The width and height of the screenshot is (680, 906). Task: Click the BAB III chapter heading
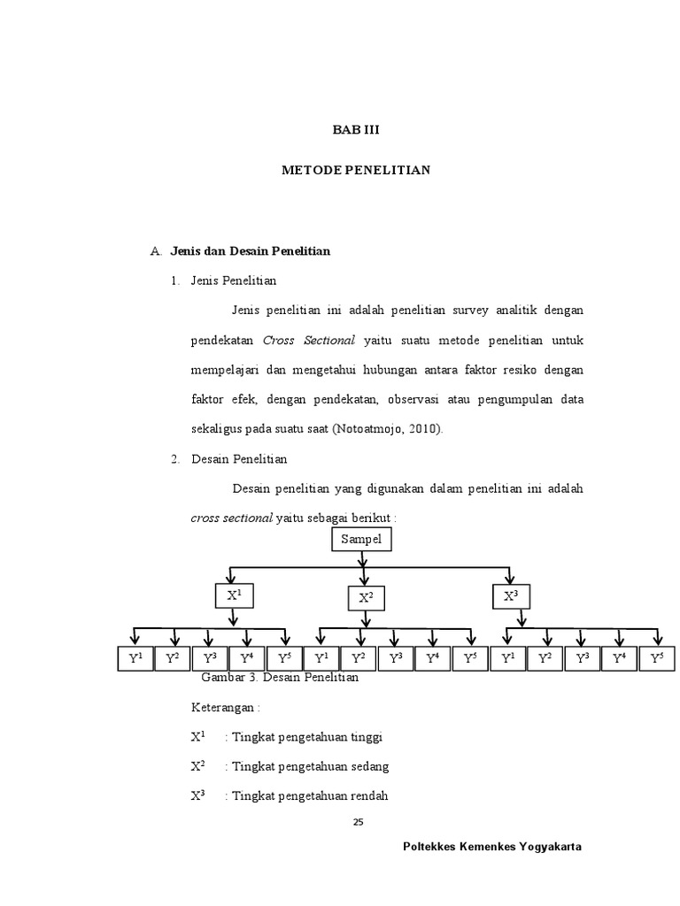coord(355,129)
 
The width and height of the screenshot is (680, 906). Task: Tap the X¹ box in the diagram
coord(234,595)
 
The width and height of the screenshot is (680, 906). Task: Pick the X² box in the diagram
coord(366,599)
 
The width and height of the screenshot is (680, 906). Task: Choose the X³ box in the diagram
coord(511,596)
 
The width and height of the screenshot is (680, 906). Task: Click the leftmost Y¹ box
coord(135,658)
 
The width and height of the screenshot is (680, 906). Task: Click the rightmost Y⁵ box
coord(656,658)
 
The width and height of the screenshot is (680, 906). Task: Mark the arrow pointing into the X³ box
coord(511,574)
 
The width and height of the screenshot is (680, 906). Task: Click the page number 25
coord(358,822)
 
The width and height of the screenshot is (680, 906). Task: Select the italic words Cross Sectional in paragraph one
coord(309,340)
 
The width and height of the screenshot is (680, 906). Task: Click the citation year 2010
coord(422,429)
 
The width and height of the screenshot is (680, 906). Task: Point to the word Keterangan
coord(222,708)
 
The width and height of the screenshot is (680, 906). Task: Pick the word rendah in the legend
coord(370,795)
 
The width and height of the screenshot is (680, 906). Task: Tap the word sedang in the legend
coord(371,766)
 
